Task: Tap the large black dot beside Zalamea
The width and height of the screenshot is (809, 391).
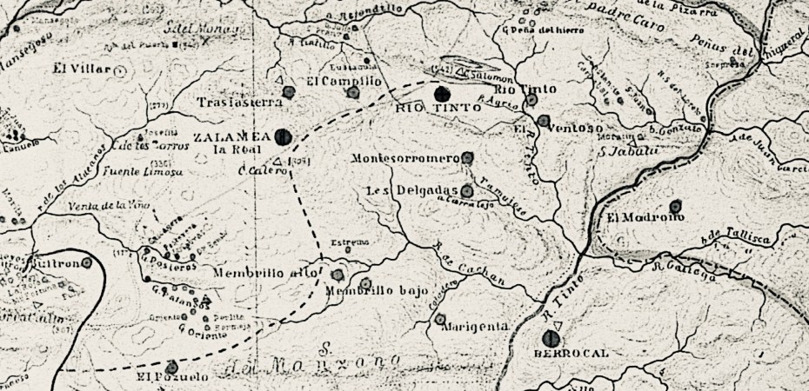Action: coord(281,136)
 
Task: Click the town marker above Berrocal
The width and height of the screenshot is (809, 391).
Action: coord(550,338)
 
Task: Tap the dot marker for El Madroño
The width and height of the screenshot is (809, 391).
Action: coord(675,207)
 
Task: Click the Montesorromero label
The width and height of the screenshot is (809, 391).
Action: coord(405,160)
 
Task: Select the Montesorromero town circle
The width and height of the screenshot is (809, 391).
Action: coord(467,158)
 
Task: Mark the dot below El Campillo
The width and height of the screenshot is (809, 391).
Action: coord(351,91)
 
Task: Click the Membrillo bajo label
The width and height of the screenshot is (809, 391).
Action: coord(366,293)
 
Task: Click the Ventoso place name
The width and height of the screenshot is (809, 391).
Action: coord(576,129)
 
